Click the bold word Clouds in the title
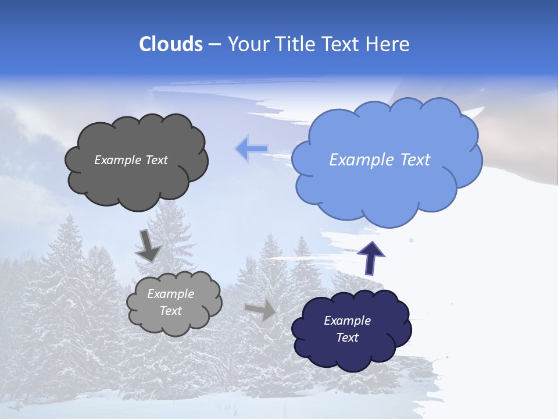pos(170,44)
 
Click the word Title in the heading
pos(294,44)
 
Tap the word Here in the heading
pos(388,44)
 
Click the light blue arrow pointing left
pos(251,149)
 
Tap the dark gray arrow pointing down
pos(148,245)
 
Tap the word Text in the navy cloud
pos(347,338)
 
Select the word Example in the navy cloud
pos(347,321)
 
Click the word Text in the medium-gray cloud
pos(171,311)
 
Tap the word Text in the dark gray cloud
pos(156,160)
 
